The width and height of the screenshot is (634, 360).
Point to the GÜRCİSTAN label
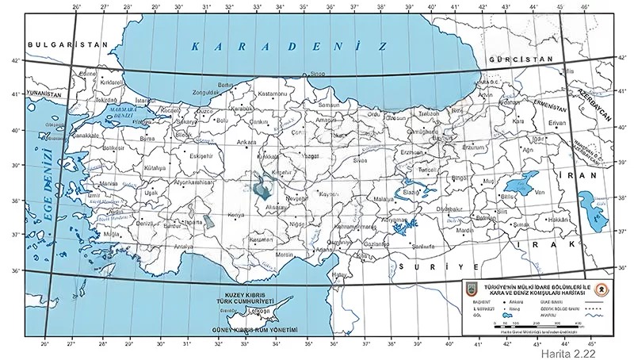click(519, 60)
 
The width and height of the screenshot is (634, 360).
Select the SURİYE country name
click(439, 268)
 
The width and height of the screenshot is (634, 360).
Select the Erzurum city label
click(472, 147)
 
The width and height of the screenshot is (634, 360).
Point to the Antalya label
click(183, 246)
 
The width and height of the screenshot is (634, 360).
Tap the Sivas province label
click(361, 160)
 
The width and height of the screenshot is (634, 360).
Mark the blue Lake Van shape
click(528, 180)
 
